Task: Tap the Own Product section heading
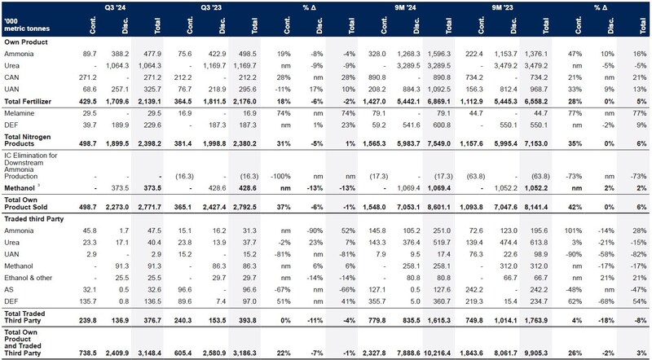click(x=24, y=41)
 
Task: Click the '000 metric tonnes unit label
click(x=26, y=25)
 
